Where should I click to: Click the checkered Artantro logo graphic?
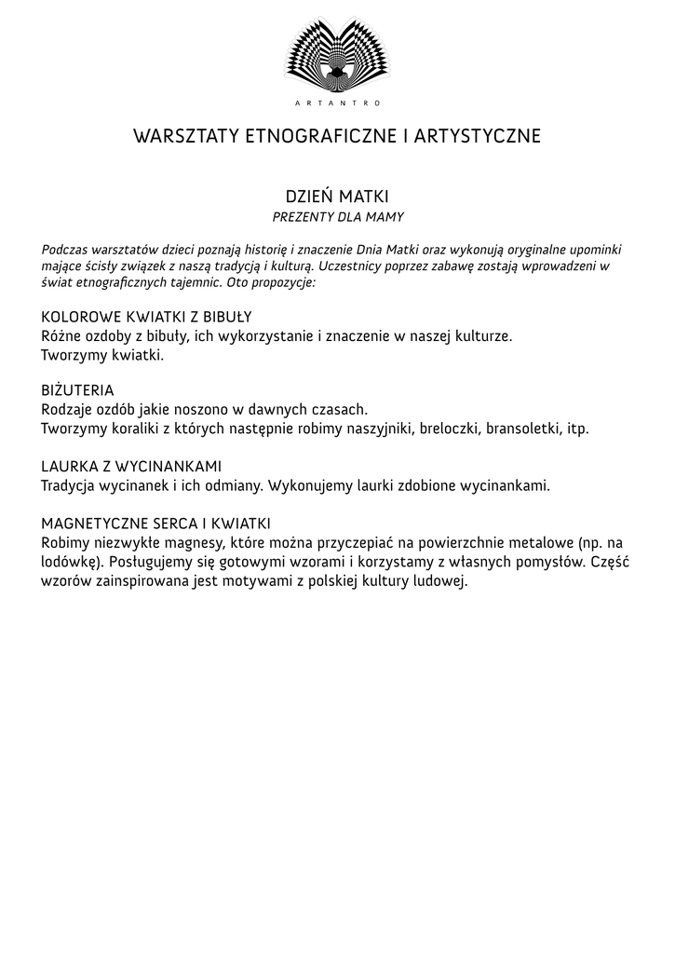tap(337, 53)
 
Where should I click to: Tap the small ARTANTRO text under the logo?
tap(337, 102)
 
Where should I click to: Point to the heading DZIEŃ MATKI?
tap(337, 197)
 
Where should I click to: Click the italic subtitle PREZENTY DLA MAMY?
tap(337, 217)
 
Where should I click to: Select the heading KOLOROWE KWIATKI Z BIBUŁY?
tap(146, 317)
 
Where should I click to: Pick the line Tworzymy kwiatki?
tap(102, 355)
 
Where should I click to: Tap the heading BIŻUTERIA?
tap(77, 390)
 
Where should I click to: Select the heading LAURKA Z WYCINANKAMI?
tap(131, 466)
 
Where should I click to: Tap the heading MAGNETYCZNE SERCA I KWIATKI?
tap(155, 524)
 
